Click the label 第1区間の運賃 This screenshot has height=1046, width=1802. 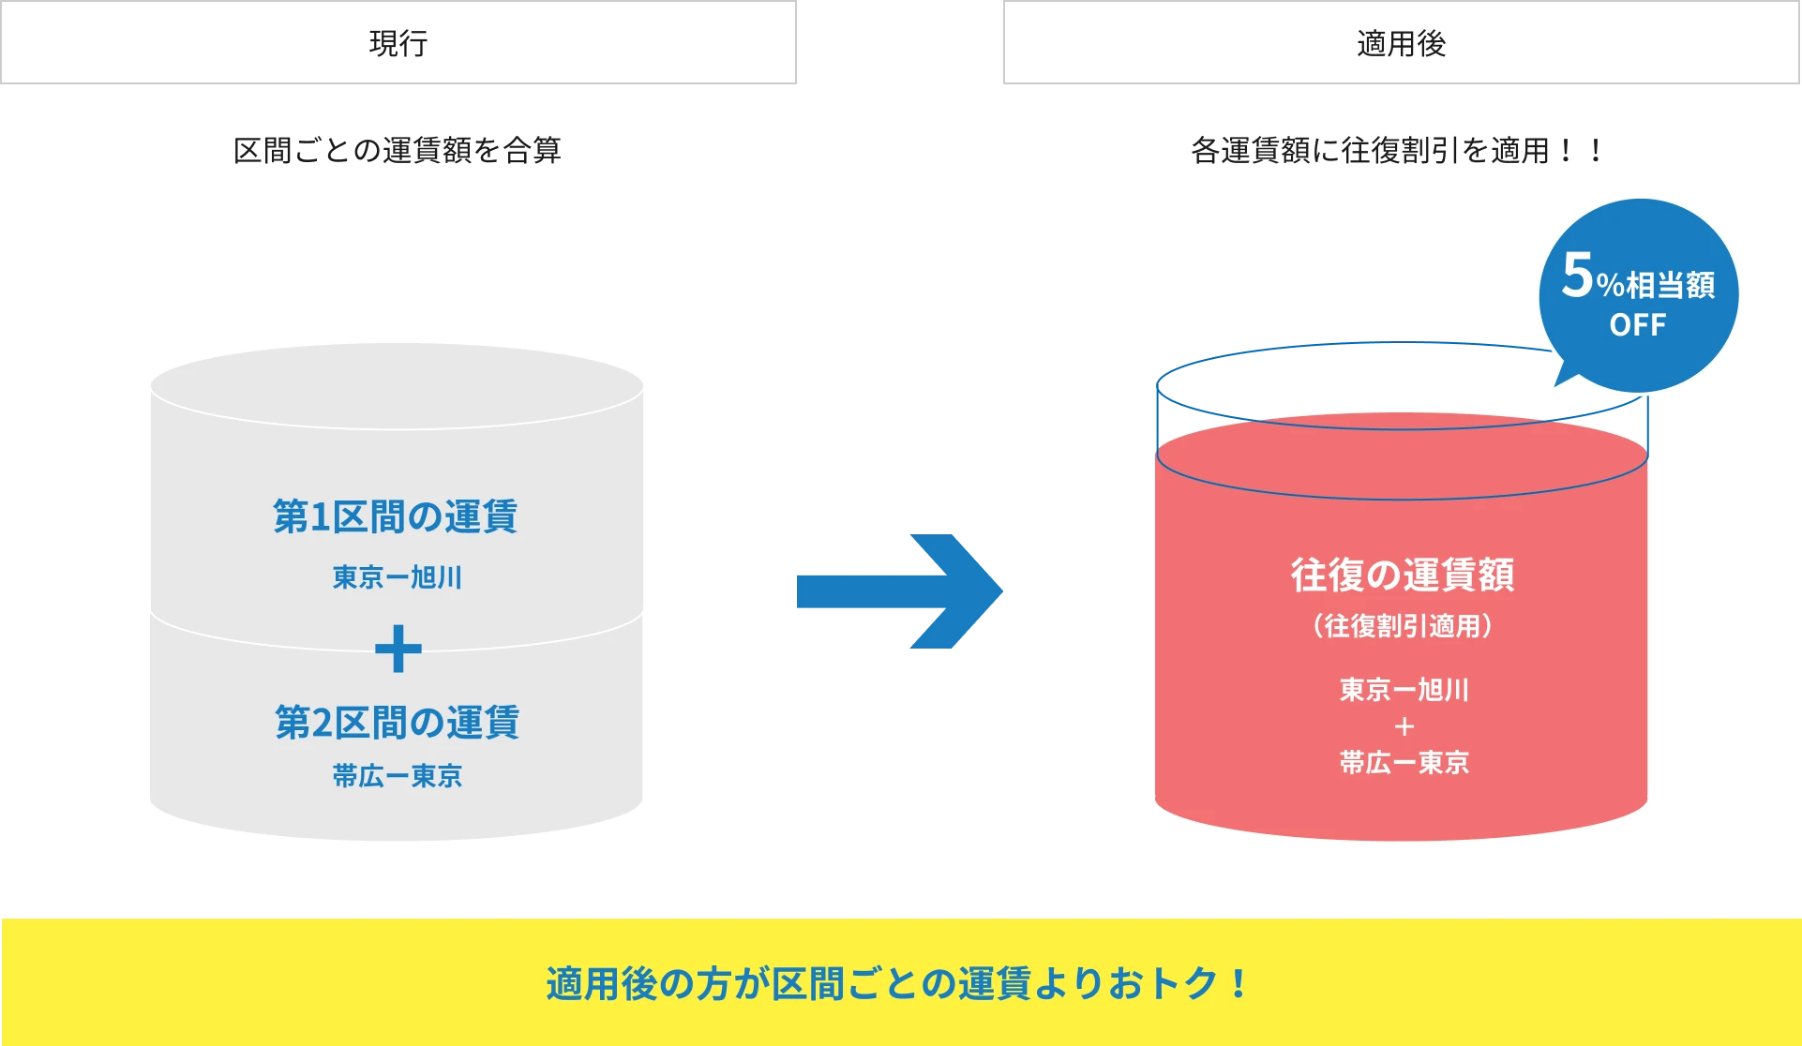(x=395, y=516)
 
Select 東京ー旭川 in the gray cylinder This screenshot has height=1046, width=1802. (x=398, y=577)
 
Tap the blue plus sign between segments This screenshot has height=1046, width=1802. (x=398, y=649)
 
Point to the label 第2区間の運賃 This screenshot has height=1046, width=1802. (x=397, y=723)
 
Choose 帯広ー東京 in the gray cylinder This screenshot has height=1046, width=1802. (x=398, y=776)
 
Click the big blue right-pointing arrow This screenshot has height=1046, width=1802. (x=899, y=591)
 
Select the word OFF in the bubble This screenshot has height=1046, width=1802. (x=1638, y=325)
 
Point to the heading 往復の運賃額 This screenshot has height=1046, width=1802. (x=1403, y=575)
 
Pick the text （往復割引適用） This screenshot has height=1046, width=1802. (x=1403, y=625)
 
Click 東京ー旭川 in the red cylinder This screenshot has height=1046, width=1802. (x=1404, y=690)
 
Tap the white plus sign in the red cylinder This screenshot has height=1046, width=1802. (x=1404, y=726)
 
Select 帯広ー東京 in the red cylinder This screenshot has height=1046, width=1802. (x=1404, y=763)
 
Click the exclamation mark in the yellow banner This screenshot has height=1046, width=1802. (x=1239, y=984)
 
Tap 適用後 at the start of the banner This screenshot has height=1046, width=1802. (x=601, y=984)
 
